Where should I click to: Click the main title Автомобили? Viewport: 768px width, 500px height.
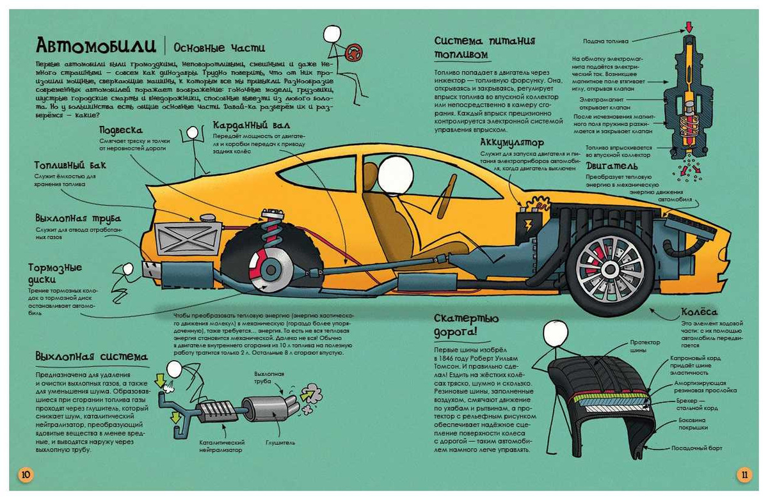click(x=96, y=46)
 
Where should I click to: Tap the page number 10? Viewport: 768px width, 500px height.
click(x=25, y=474)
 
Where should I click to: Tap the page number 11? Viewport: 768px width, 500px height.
click(x=743, y=474)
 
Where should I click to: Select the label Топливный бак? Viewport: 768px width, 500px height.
click(x=70, y=166)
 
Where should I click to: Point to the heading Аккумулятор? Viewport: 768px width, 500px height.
click(x=512, y=143)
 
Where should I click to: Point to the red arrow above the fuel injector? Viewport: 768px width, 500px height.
click(x=689, y=27)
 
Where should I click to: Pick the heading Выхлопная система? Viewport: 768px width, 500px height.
click(x=92, y=356)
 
